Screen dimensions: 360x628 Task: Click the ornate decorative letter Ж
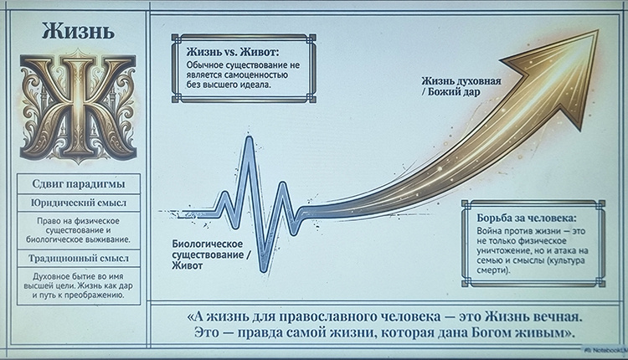pos(77,107)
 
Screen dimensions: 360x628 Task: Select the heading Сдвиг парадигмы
pos(78,184)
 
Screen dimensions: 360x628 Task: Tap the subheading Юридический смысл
pos(78,203)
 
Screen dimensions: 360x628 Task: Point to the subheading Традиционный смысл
pos(78,258)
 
